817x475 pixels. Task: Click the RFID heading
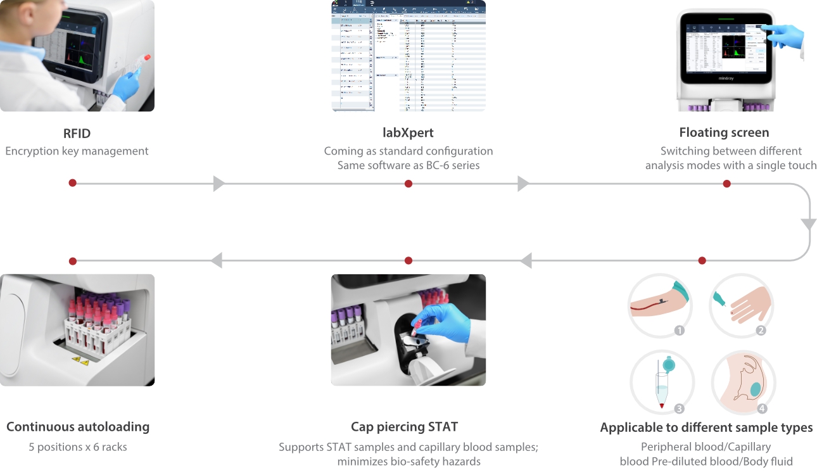(x=77, y=133)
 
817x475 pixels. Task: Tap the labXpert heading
(x=408, y=133)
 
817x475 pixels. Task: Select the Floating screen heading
(x=724, y=132)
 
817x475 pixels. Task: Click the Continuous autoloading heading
(x=78, y=426)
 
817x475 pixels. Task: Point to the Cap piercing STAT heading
(x=408, y=426)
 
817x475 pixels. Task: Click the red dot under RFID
(x=73, y=183)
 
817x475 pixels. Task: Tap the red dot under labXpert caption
(x=408, y=184)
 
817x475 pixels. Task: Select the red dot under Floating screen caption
(x=726, y=184)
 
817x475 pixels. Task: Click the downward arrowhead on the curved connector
(x=809, y=224)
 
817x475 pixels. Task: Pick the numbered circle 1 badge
(x=680, y=330)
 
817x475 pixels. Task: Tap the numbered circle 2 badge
(x=761, y=330)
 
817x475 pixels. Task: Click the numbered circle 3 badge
(x=680, y=408)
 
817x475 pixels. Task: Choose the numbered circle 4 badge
(x=762, y=408)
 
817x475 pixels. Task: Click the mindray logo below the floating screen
(x=726, y=79)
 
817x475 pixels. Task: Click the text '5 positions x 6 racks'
(x=78, y=447)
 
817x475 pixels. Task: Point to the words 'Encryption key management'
(x=77, y=151)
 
